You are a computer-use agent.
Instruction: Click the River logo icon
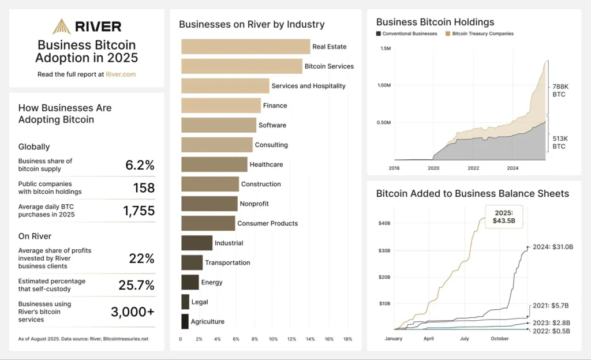pyautogui.click(x=61, y=27)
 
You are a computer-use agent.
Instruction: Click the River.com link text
pyautogui.click(x=121, y=74)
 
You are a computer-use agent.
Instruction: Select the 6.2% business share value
pyautogui.click(x=140, y=165)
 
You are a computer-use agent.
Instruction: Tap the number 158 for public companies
pyautogui.click(x=144, y=188)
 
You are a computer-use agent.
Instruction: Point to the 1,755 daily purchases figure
pyautogui.click(x=139, y=211)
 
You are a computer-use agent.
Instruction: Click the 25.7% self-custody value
pyautogui.click(x=137, y=285)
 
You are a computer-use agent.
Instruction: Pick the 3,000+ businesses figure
pyautogui.click(x=133, y=312)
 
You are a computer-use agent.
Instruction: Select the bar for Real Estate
pyautogui.click(x=245, y=47)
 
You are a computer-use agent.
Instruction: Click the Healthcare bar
pyautogui.click(x=214, y=164)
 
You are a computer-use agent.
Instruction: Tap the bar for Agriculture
pyautogui.click(x=185, y=321)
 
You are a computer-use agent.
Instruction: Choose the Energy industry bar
pyautogui.click(x=190, y=282)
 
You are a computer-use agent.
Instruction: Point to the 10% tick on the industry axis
pyautogui.click(x=274, y=339)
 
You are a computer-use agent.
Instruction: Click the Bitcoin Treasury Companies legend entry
pyautogui.click(x=482, y=33)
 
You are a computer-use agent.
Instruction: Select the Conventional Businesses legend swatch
pyautogui.click(x=379, y=33)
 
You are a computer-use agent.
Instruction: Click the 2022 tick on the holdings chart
pyautogui.click(x=473, y=168)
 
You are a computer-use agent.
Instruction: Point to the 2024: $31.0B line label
pyautogui.click(x=553, y=247)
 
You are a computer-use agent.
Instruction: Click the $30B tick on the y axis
pyautogui.click(x=384, y=250)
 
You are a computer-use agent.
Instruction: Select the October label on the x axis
pyautogui.click(x=500, y=339)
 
